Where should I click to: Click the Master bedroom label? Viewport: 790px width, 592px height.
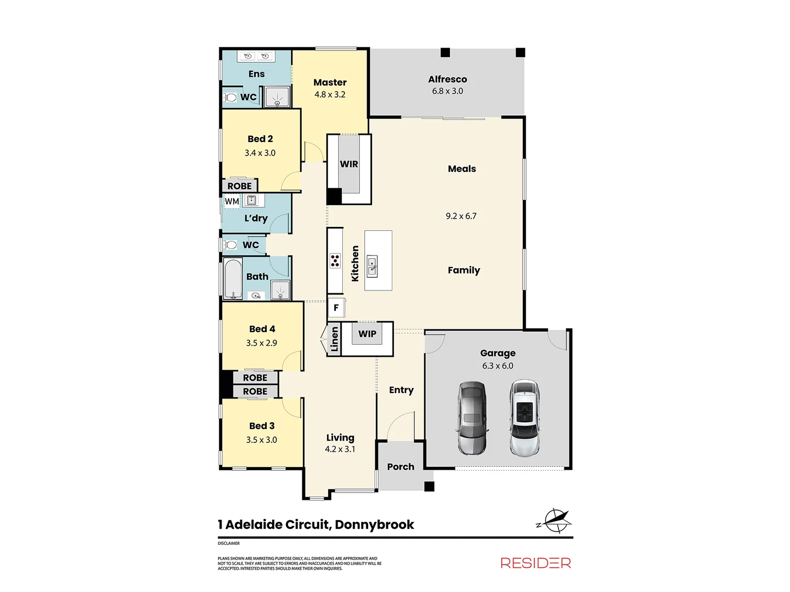[330, 82]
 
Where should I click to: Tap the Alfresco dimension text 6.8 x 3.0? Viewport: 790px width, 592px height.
[447, 92]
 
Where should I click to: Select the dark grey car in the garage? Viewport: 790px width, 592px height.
[472, 418]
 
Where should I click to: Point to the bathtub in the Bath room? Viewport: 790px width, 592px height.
[233, 278]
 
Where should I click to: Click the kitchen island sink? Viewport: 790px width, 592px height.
[373, 266]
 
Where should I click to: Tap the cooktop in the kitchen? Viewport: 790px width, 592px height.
[335, 260]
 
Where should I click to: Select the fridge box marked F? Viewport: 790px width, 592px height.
[336, 308]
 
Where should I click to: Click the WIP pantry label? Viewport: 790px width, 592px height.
[367, 334]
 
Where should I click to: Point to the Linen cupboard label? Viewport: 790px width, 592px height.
[335, 339]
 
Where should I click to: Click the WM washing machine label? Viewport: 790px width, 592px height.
[232, 201]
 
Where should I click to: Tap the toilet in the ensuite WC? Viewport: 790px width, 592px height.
[230, 98]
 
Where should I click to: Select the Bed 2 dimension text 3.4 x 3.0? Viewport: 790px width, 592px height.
[260, 153]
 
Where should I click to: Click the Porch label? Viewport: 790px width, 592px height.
[400, 466]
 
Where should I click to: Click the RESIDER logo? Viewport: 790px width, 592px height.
[535, 563]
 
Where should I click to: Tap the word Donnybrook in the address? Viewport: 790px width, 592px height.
[374, 525]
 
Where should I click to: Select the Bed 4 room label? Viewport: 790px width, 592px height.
[262, 329]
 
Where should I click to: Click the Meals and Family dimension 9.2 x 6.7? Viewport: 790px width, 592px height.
[461, 216]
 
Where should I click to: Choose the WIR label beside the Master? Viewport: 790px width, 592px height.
[349, 164]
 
